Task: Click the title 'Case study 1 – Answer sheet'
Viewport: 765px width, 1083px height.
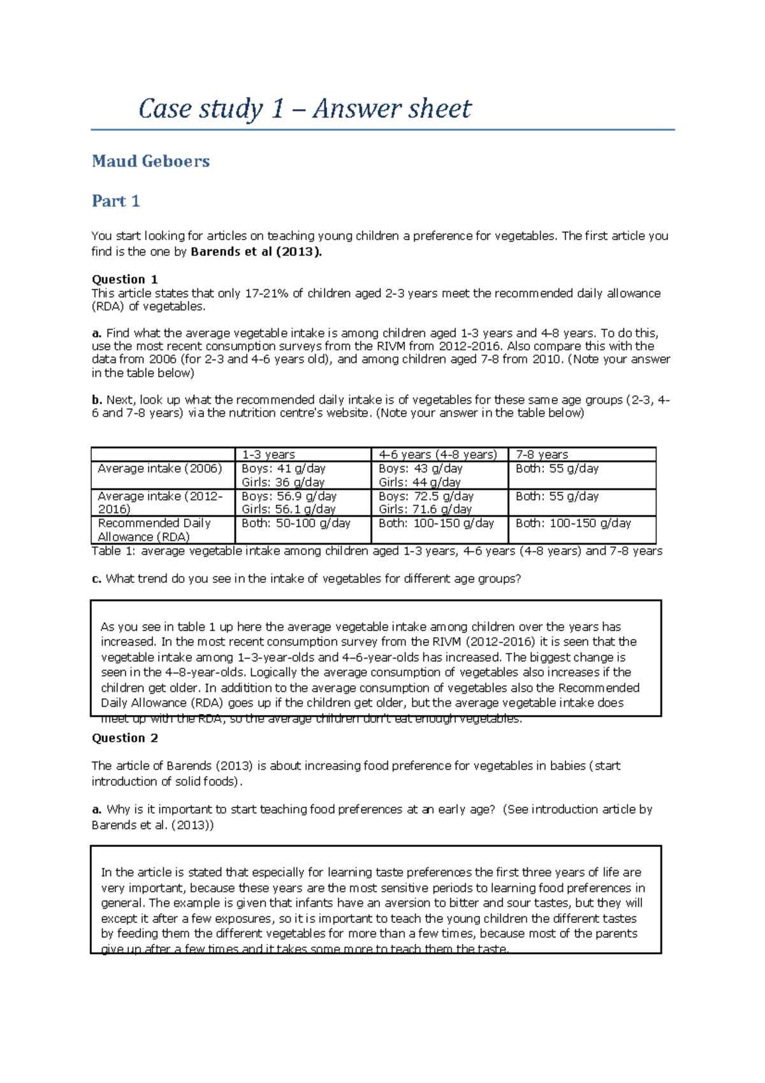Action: coord(305,108)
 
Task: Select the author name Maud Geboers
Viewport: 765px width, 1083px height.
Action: coord(150,161)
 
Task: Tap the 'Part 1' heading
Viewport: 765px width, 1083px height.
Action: coord(115,202)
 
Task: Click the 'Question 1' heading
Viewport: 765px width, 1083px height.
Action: coord(124,279)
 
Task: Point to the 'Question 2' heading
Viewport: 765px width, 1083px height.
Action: coord(124,738)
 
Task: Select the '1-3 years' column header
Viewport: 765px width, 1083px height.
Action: coord(268,455)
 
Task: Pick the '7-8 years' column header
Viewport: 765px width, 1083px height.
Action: coord(541,455)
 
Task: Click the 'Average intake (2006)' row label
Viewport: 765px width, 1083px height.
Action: coord(159,469)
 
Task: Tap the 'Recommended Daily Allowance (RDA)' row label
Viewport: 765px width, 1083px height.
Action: coord(154,530)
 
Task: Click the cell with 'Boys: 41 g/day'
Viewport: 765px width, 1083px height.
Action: coord(283,469)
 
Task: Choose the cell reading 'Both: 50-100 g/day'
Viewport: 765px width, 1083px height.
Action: coord(296,523)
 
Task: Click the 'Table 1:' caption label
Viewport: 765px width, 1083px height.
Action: coord(113,551)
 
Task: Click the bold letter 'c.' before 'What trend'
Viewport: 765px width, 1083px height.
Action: coord(97,579)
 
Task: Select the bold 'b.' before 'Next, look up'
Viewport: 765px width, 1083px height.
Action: coord(97,400)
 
